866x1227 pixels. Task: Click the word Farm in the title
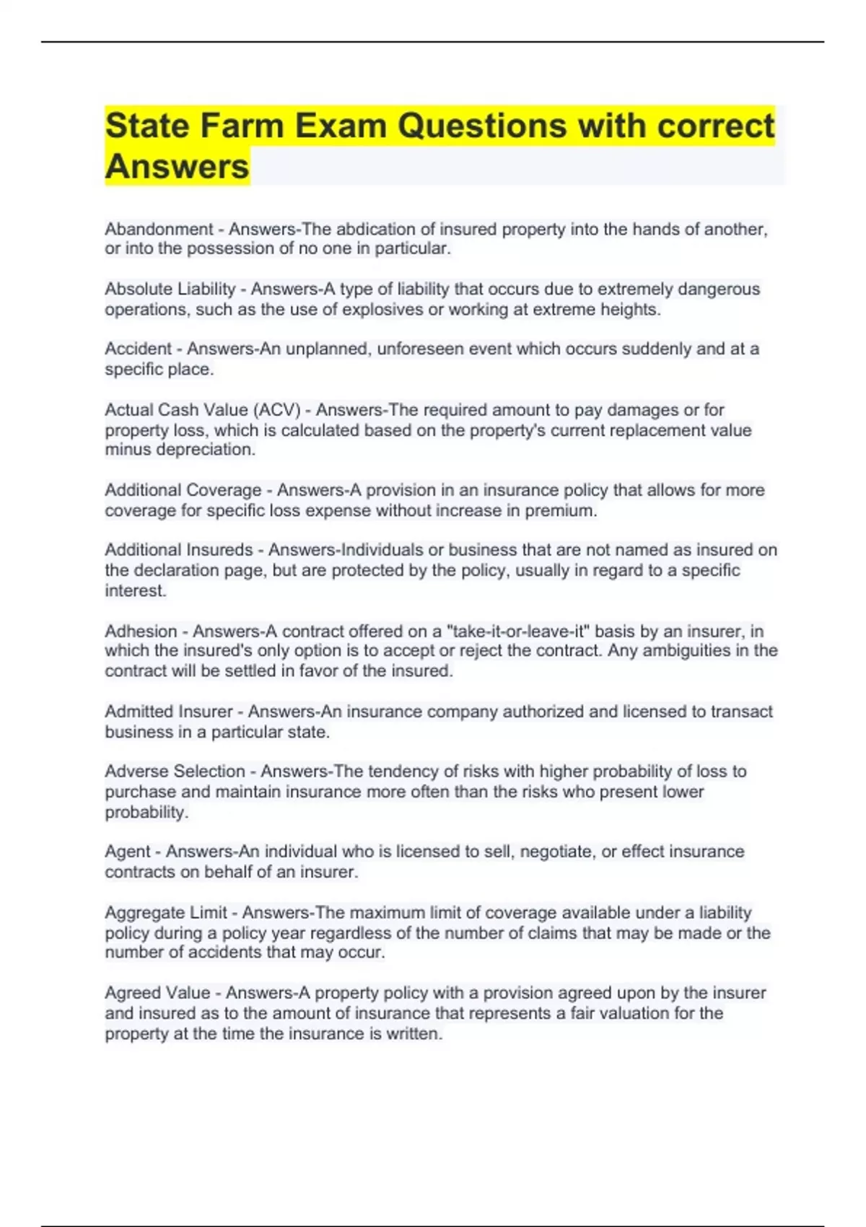pos(242,126)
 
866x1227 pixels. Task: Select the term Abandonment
pos(159,230)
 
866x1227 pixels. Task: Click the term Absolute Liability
pos(170,289)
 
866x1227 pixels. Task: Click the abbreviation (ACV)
pos(276,410)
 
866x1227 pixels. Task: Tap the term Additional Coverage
pos(183,490)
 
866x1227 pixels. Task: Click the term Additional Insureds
pos(178,550)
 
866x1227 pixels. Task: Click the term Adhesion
pos(141,632)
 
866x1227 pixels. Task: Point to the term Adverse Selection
pos(175,772)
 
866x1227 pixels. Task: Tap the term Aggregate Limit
pos(166,913)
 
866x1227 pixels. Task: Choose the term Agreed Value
pos(157,993)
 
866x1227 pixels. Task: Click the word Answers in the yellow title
pos(177,167)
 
